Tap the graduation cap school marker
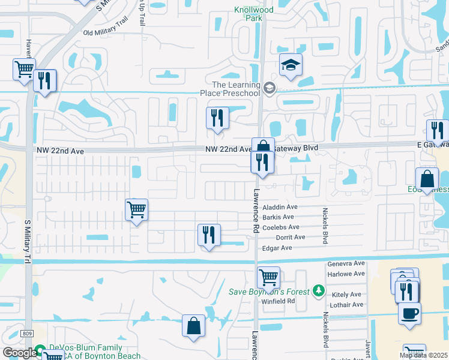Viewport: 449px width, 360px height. (291, 66)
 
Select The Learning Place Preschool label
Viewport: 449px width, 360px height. (231, 89)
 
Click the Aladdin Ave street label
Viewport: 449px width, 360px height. (279, 207)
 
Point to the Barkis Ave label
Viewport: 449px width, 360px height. (278, 217)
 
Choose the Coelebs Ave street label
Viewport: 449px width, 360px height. (280, 227)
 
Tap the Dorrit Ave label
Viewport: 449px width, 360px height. (291, 238)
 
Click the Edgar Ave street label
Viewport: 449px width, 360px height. (277, 248)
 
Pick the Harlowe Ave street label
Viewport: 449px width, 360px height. (346, 274)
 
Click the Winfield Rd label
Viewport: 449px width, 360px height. (278, 301)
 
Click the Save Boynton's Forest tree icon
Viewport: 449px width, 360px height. (319, 292)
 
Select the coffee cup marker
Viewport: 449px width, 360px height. (409, 313)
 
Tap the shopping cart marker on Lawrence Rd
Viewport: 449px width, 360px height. (268, 278)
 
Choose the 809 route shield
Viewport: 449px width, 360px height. (26, 334)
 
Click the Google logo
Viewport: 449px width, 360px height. (20, 353)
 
